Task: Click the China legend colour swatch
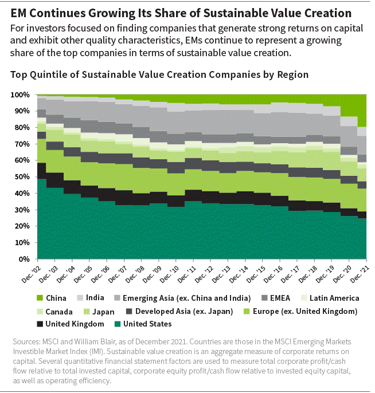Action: [x=40, y=298]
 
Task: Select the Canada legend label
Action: [x=60, y=312]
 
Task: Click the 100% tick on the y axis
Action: [x=21, y=95]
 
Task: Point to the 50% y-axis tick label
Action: [x=22, y=177]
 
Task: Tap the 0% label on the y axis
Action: [x=25, y=260]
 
